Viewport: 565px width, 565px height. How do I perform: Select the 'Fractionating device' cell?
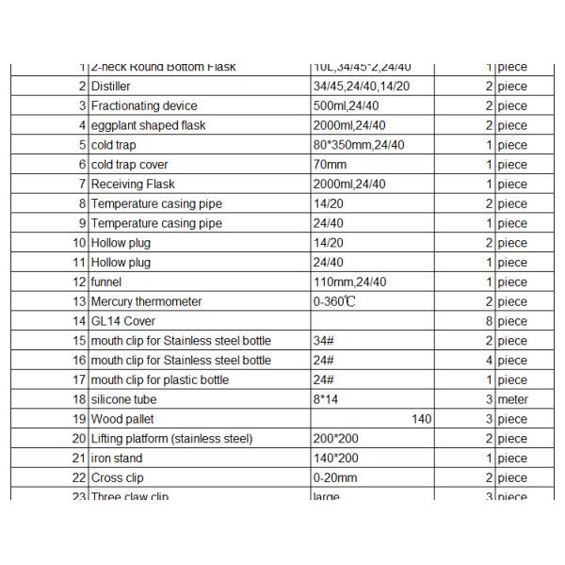(x=144, y=105)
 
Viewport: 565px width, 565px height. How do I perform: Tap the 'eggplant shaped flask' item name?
(x=148, y=125)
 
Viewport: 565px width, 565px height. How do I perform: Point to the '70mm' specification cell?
(x=327, y=165)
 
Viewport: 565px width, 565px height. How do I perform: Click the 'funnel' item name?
(x=106, y=282)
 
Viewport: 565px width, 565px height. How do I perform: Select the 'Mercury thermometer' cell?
(x=146, y=301)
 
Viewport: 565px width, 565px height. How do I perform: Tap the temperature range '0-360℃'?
(x=333, y=301)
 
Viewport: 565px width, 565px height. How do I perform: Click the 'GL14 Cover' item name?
(x=122, y=321)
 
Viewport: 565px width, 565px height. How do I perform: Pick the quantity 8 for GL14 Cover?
(x=490, y=321)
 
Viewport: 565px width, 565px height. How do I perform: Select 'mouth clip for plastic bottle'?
(x=159, y=380)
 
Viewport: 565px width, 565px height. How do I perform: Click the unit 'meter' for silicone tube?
(x=512, y=399)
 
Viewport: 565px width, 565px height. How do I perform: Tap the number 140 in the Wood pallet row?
(x=421, y=419)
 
